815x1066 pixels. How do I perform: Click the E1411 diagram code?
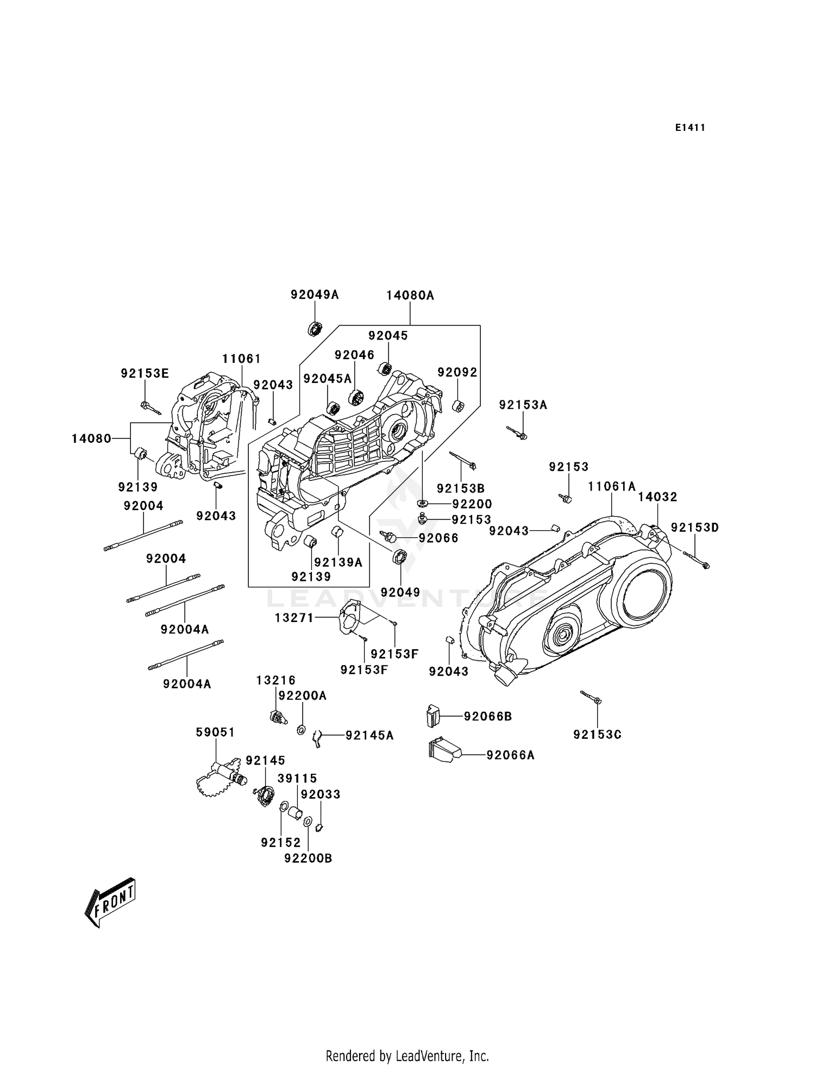[x=690, y=128]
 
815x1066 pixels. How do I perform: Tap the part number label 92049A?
[x=314, y=294]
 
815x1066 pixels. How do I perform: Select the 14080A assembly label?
[x=410, y=296]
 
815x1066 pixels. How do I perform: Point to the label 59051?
[x=215, y=732]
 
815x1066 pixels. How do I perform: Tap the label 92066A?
[x=510, y=755]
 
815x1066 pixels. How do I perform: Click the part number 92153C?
[x=597, y=735]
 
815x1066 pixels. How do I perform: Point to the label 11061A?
[x=611, y=486]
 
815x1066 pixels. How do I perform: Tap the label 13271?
[x=294, y=617]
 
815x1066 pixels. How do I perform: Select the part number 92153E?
[x=145, y=373]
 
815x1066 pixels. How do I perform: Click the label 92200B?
[x=308, y=858]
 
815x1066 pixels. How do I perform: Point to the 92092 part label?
[x=457, y=372]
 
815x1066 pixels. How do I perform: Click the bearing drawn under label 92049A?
[x=314, y=329]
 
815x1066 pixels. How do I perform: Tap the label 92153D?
[x=694, y=528]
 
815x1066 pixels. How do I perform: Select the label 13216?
[x=276, y=680]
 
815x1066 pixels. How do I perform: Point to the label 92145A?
[x=369, y=736]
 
